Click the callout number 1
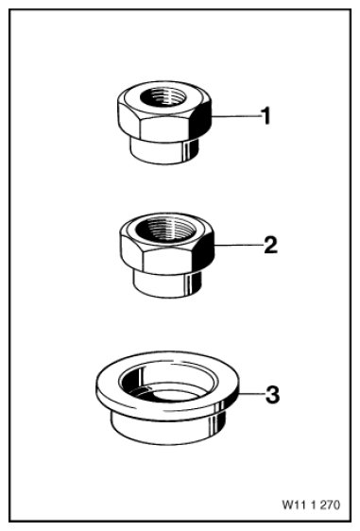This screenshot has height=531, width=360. click(266, 116)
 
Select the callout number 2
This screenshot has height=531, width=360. click(270, 245)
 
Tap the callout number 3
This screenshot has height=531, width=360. click(272, 395)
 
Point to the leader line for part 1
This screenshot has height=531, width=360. click(236, 116)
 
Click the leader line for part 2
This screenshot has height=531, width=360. click(239, 245)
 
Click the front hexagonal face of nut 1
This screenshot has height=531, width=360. click(165, 129)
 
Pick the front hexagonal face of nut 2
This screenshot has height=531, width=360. click(167, 261)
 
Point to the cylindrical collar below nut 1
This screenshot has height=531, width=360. click(165, 151)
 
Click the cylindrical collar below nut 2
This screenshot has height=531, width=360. click(167, 283)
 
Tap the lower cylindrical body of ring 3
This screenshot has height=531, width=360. click(167, 428)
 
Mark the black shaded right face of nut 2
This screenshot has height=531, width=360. click(204, 252)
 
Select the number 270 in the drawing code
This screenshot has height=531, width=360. click(330, 505)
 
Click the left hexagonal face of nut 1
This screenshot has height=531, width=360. click(129, 117)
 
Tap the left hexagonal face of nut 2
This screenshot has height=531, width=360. click(132, 250)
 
